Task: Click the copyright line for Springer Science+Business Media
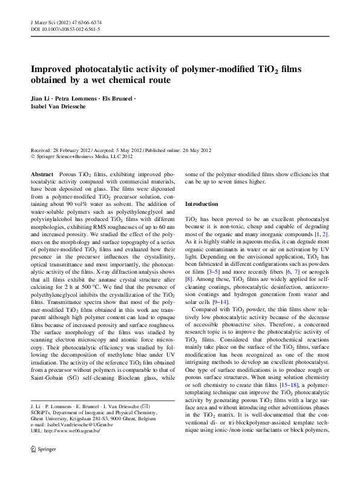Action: point(81,156)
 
